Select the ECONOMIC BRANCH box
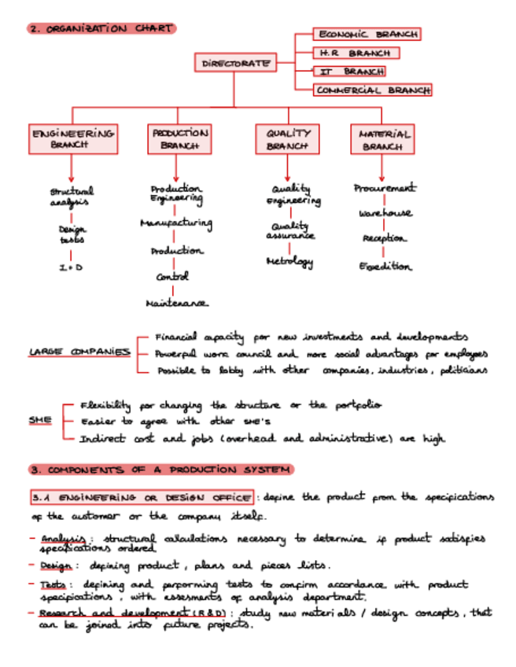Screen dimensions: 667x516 pyautogui.click(x=367, y=35)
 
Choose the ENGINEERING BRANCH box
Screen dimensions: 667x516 pyautogui.click(x=72, y=138)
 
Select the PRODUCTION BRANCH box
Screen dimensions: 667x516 pyautogui.click(x=179, y=138)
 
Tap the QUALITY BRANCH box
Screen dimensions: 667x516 pyautogui.click(x=287, y=139)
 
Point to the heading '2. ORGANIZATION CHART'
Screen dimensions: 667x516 pyautogui.click(x=101, y=29)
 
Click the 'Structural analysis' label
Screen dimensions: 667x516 pyautogui.click(x=72, y=196)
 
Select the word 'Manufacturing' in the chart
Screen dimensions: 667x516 pyautogui.click(x=175, y=224)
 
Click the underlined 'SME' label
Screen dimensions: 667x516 pyautogui.click(x=40, y=420)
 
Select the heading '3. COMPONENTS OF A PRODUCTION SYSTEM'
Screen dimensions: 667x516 pyautogui.click(x=160, y=470)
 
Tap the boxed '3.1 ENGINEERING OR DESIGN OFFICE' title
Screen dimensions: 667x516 pyautogui.click(x=142, y=498)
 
